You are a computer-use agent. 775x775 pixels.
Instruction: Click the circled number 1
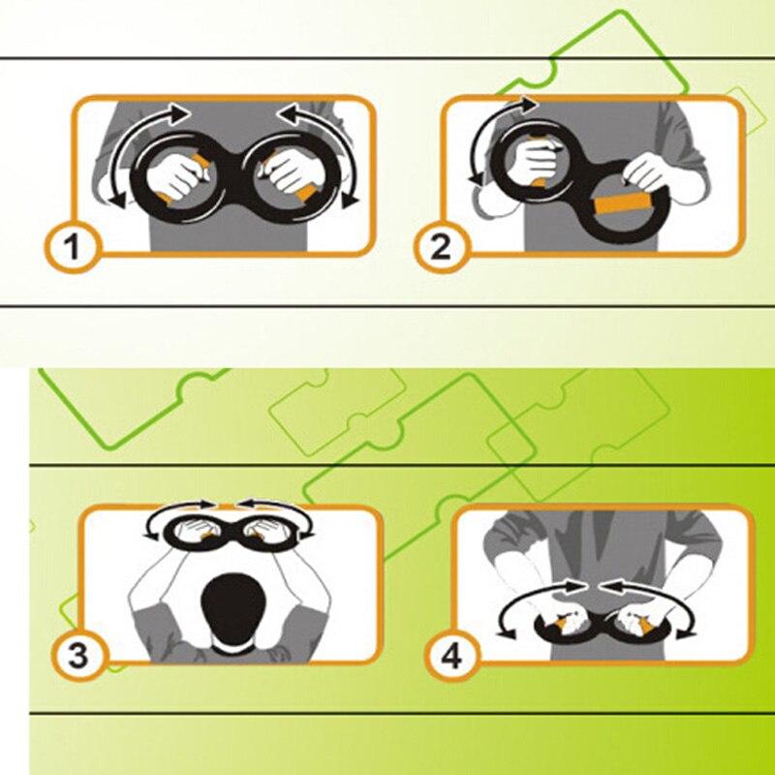74,247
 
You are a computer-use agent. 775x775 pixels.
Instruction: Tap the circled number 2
441,247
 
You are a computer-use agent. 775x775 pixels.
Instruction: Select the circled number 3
78,656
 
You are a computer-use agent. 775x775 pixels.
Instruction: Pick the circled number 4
451,656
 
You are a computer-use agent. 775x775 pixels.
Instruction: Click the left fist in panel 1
177,174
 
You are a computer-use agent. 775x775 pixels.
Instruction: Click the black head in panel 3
232,609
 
